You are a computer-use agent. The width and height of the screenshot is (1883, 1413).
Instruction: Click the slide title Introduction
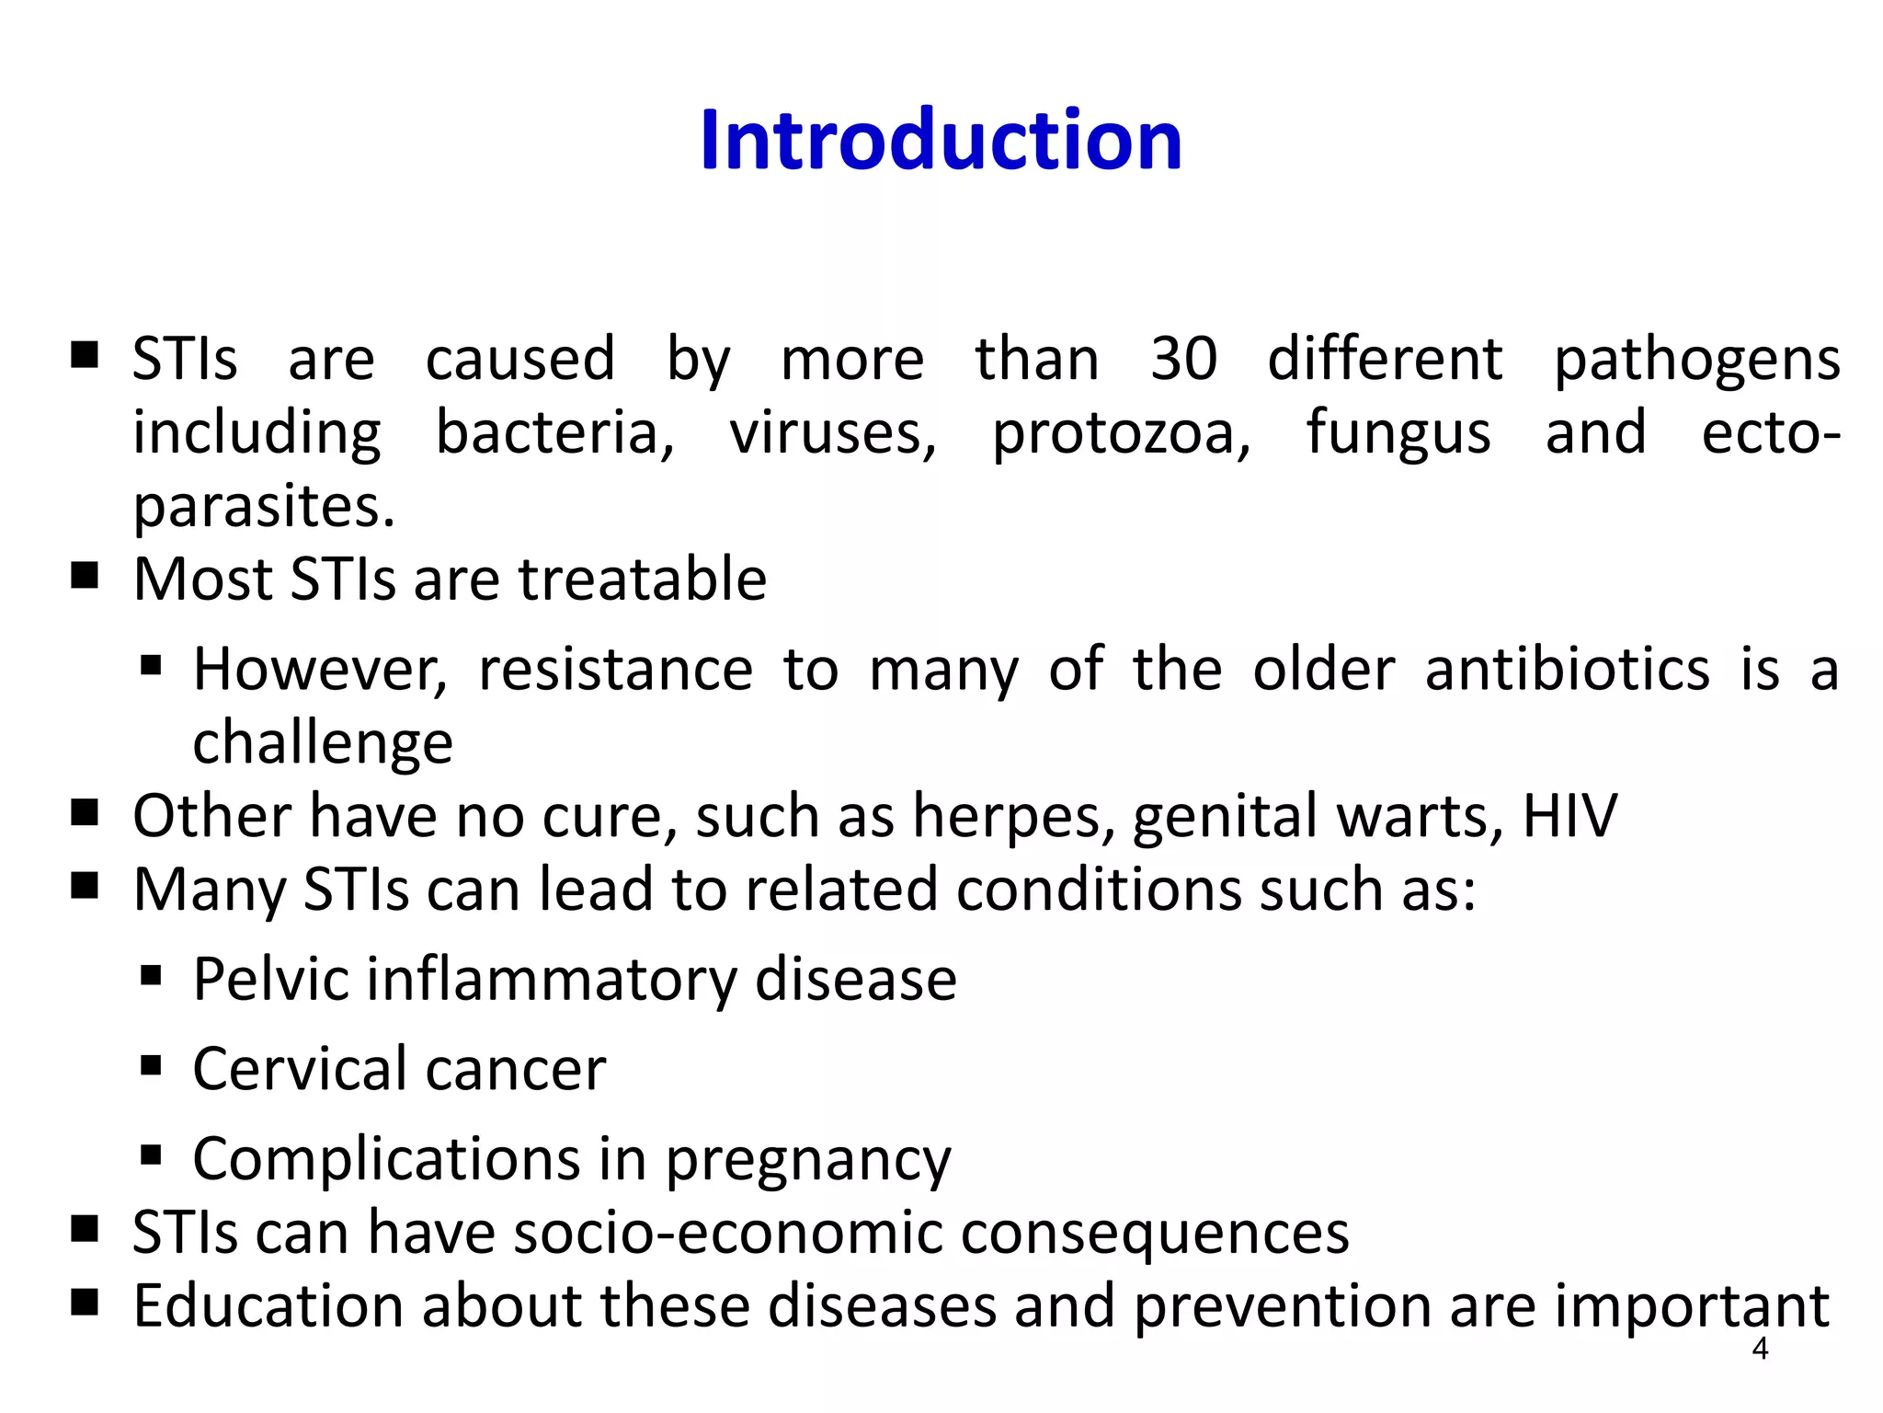pyautogui.click(x=941, y=140)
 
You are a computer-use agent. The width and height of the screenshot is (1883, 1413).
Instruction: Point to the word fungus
pyautogui.click(x=1398, y=433)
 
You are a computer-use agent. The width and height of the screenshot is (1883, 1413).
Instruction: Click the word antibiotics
pyautogui.click(x=1567, y=669)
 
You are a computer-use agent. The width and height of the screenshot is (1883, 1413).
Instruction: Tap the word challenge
pyautogui.click(x=323, y=743)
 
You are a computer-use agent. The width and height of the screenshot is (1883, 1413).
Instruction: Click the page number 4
pyautogui.click(x=1760, y=1350)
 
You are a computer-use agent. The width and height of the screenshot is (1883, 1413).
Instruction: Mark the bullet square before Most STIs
pyautogui.click(x=85, y=577)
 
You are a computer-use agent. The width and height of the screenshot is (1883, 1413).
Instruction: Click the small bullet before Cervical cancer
pyautogui.click(x=152, y=1066)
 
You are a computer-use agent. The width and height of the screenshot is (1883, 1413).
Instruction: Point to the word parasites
pyautogui.click(x=264, y=507)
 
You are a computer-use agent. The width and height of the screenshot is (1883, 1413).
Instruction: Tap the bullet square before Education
pyautogui.click(x=85, y=1303)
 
